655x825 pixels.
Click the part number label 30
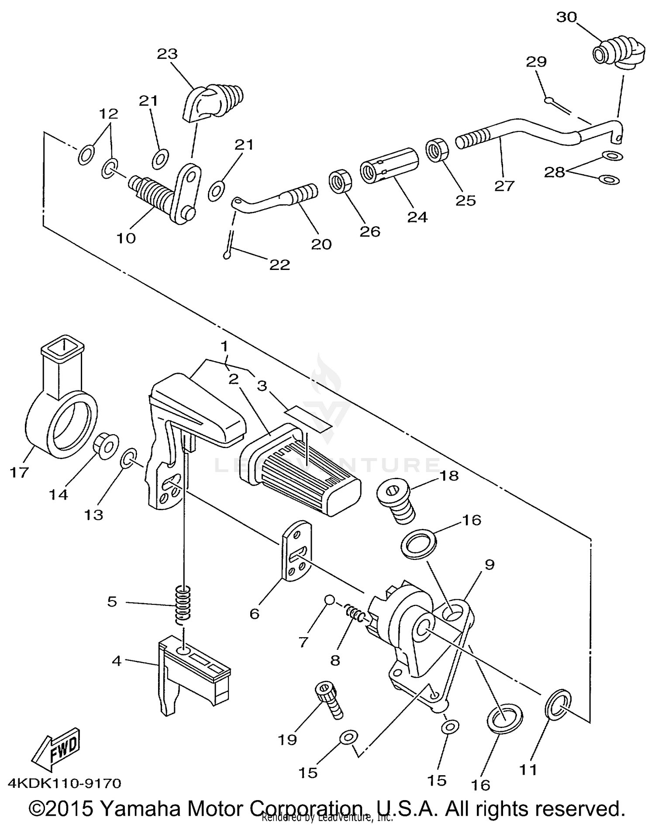566,17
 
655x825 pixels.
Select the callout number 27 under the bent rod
504,186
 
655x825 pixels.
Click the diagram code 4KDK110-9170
64,783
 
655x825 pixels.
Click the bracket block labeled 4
192,673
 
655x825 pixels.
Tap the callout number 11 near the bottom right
527,769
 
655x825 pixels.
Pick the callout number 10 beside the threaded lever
126,238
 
